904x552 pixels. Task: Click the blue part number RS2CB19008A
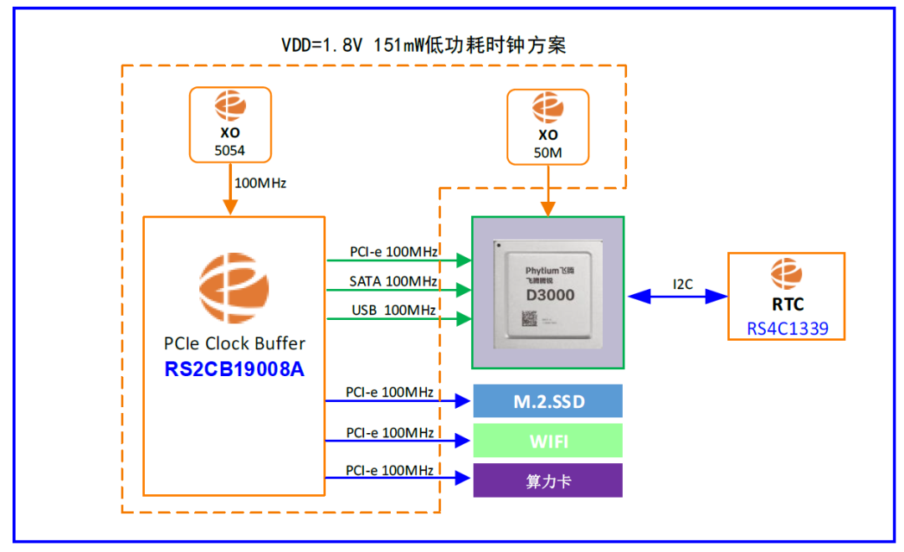tap(234, 369)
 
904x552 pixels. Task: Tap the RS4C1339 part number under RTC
tap(787, 328)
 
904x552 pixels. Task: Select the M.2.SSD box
tap(548, 401)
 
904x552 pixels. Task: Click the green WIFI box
tap(548, 441)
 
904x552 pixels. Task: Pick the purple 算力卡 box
tap(548, 481)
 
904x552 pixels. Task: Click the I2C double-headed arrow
tap(677, 296)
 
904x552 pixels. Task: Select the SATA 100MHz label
tap(393, 281)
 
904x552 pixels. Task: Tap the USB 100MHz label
tap(393, 310)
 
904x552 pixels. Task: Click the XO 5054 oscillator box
tap(231, 124)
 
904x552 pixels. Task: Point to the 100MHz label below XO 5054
tap(259, 183)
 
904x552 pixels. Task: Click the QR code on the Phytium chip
tap(529, 317)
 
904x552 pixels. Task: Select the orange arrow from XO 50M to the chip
tap(547, 189)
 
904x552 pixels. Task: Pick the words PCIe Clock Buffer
tap(234, 343)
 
